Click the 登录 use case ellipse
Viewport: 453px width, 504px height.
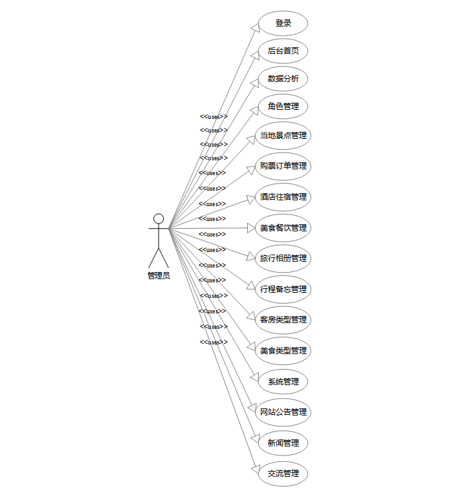pos(283,23)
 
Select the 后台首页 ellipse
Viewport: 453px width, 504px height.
pos(283,51)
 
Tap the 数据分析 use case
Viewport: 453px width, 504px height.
pos(283,79)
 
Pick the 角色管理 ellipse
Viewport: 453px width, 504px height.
pos(283,107)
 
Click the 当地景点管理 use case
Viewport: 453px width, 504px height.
pos(283,136)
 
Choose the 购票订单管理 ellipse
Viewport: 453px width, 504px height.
pos(283,166)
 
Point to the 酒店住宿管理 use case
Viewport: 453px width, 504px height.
pos(283,197)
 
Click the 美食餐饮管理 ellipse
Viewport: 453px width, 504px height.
pos(283,228)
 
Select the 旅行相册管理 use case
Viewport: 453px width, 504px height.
pos(283,258)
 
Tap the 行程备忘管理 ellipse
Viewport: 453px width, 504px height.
pos(283,289)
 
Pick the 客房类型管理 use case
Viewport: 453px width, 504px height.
pos(283,320)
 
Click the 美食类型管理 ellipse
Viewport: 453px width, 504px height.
pos(283,351)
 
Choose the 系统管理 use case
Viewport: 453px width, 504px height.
pos(283,382)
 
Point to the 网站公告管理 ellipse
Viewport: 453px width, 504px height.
pos(283,412)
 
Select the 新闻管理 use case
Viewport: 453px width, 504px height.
pos(283,443)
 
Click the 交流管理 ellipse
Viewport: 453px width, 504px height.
pos(283,474)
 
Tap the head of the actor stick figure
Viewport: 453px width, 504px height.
pos(159,218)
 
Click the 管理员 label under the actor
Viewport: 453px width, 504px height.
pos(159,276)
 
